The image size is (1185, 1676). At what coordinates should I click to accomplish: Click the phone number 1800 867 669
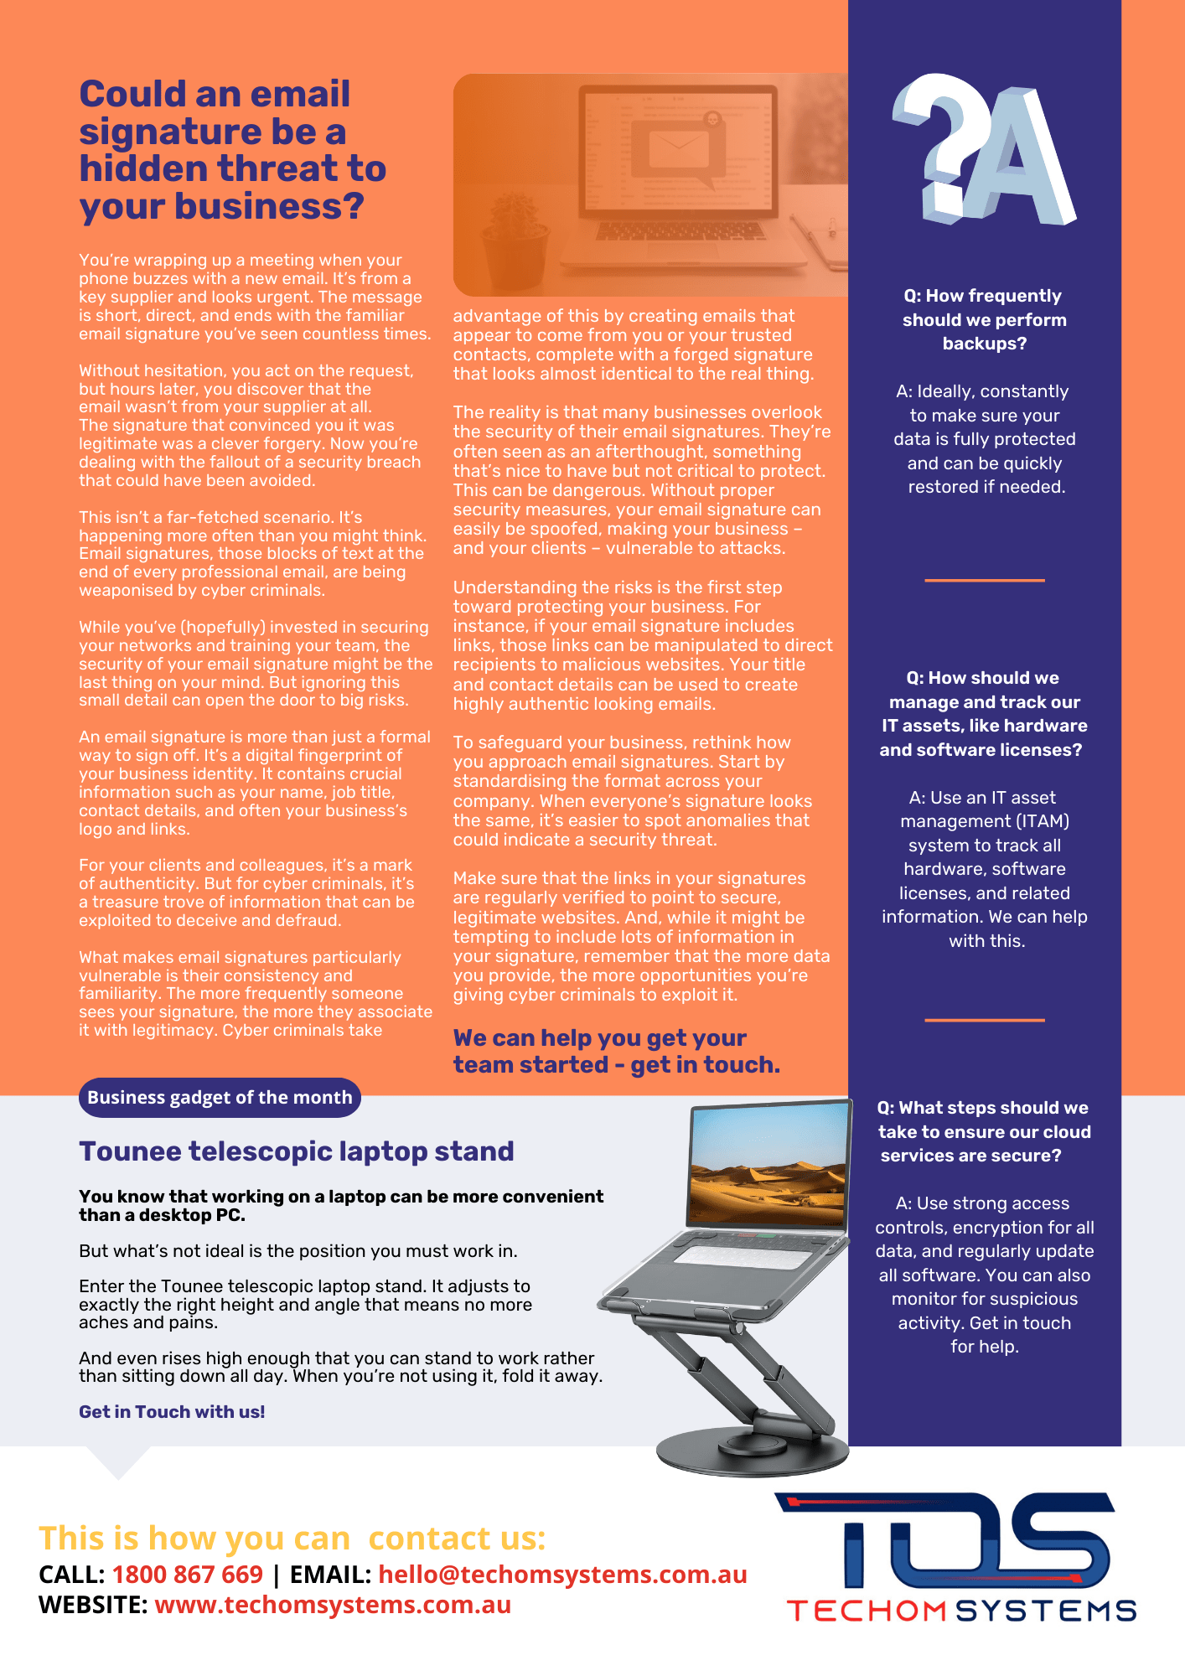[188, 1575]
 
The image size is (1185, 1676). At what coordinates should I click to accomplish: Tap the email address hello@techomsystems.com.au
[562, 1575]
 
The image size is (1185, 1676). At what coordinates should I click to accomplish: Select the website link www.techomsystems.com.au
[333, 1605]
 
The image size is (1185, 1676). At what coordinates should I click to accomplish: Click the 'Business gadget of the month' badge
[220, 1098]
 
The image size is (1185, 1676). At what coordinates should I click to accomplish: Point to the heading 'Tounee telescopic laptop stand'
[296, 1151]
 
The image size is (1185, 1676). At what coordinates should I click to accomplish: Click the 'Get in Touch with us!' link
[172, 1412]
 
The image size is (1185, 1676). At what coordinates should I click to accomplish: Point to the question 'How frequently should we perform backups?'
[984, 319]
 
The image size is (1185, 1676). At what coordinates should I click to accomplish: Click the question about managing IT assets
[984, 714]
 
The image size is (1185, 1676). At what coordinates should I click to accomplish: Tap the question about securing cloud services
[983, 1131]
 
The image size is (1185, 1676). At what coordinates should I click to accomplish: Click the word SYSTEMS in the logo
[1047, 1611]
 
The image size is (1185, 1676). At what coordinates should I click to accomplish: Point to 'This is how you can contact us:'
[292, 1539]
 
